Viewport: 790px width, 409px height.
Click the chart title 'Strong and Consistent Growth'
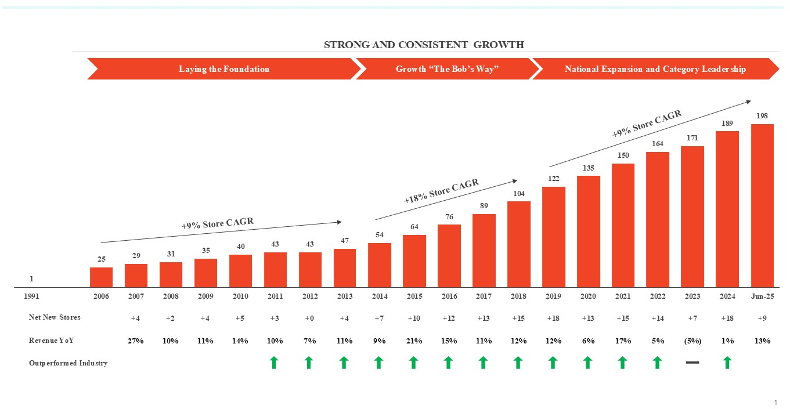(x=424, y=45)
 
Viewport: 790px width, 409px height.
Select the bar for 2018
(x=518, y=244)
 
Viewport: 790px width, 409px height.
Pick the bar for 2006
(x=101, y=277)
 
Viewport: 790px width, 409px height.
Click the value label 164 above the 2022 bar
(x=658, y=143)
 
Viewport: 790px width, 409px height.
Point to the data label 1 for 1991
(x=31, y=279)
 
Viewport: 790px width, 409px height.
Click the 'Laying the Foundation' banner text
(x=224, y=69)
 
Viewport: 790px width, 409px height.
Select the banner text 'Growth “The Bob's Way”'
(x=448, y=69)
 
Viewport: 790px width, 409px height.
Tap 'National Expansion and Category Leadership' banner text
(x=655, y=69)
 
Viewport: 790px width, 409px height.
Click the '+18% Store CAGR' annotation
(x=441, y=191)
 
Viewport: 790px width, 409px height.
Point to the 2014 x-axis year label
(x=379, y=296)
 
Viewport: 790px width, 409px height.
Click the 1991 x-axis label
(x=31, y=296)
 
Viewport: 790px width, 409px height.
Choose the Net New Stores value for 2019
(x=553, y=318)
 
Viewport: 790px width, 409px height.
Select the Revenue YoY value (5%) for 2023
(x=692, y=341)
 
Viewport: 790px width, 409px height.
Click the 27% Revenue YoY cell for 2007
(x=136, y=341)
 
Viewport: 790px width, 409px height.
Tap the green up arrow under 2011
(x=275, y=363)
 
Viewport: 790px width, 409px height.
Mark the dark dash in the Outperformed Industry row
(x=692, y=363)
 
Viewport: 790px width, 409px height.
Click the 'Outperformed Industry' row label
(x=68, y=363)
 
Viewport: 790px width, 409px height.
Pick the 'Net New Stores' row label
(x=55, y=317)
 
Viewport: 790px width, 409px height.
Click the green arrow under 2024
(x=727, y=363)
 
